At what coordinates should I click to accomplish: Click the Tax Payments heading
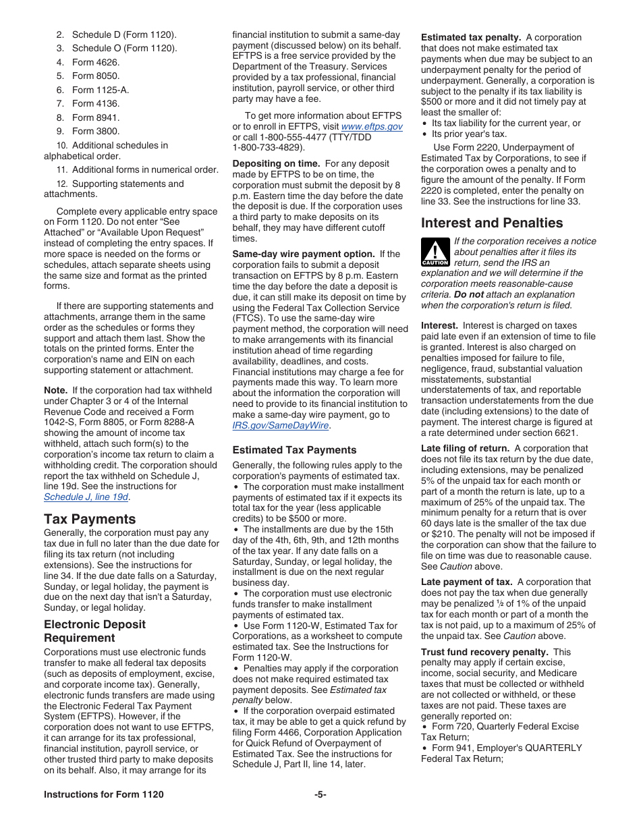[x=90, y=519]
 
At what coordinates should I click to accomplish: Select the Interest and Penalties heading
[x=492, y=223]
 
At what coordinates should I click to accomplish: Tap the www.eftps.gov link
[x=372, y=126]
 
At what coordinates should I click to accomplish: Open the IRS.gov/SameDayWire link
[x=281, y=425]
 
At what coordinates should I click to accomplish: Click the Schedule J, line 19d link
[x=86, y=497]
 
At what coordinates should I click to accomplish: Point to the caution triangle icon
[x=435, y=252]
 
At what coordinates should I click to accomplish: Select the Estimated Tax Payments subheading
[x=294, y=450]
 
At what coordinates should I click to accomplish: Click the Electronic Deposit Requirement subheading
[x=94, y=631]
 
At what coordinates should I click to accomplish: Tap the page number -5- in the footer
[x=320, y=794]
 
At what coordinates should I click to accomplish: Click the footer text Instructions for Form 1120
[x=104, y=794]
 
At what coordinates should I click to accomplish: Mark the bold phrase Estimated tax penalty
[x=471, y=38]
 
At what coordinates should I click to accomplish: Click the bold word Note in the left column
[x=55, y=390]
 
